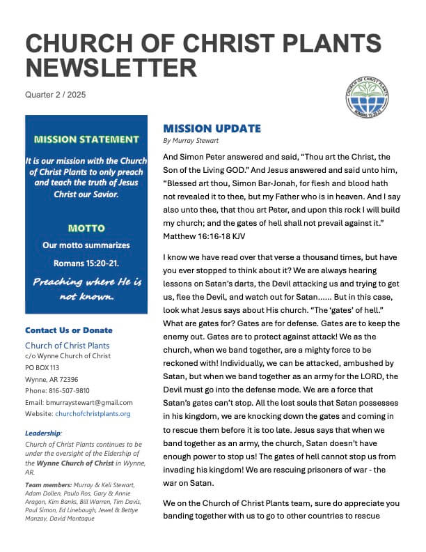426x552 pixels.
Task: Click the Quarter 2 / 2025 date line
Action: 55,94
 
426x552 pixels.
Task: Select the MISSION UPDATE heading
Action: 212,128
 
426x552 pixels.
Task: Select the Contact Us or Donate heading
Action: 68,330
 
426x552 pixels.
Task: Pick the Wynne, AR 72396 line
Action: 51,378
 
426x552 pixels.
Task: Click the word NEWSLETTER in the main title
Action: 111,68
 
